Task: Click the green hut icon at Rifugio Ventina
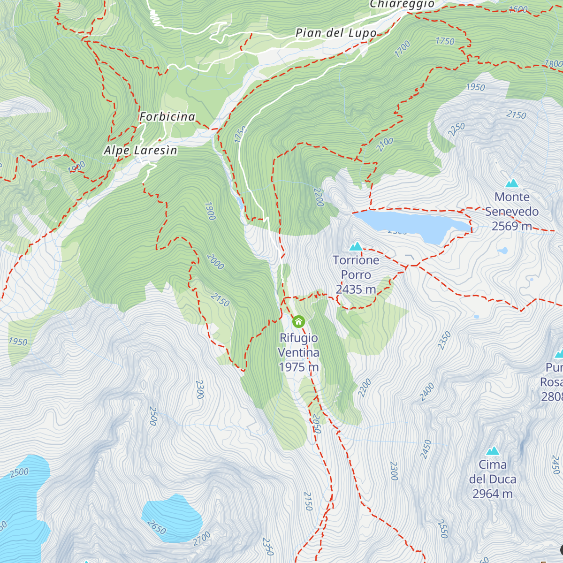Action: (298, 322)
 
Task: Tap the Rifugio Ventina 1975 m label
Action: (299, 352)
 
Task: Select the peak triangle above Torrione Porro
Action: (356, 246)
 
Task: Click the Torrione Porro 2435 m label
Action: (356, 274)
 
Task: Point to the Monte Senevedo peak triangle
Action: (512, 183)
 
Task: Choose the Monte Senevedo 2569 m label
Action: (511, 212)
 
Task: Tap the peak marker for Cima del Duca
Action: (492, 451)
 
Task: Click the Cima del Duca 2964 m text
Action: (493, 479)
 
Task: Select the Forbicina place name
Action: (167, 117)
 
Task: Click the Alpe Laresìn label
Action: (140, 151)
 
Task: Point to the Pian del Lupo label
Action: (336, 33)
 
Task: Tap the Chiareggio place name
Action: (402, 4)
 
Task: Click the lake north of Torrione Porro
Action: (408, 224)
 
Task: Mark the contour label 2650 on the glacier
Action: (156, 527)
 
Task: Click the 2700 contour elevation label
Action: (202, 538)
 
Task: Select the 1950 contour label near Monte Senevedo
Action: (475, 87)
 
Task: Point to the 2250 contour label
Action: (456, 129)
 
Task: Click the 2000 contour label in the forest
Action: (215, 262)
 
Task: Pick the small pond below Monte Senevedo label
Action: (502, 251)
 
